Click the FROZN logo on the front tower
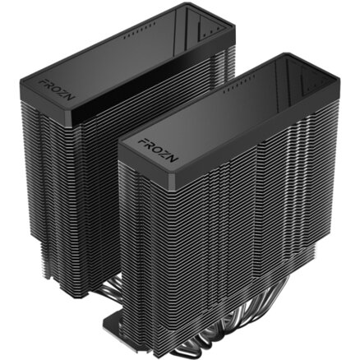pos(159,150)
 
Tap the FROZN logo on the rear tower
pos(57,90)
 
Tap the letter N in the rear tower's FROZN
pos(71,96)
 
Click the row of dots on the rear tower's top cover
pos(138,31)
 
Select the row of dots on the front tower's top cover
pos(239,83)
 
